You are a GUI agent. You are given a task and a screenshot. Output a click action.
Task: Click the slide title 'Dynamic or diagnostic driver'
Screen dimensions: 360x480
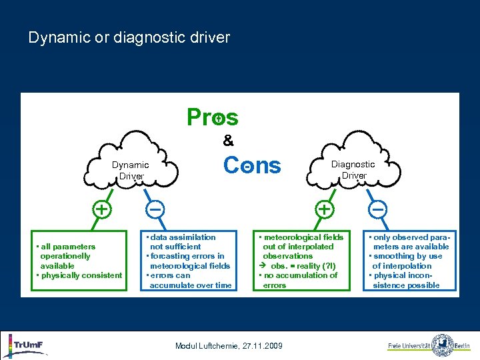coord(129,37)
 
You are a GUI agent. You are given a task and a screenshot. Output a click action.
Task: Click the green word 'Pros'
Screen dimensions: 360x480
coord(212,117)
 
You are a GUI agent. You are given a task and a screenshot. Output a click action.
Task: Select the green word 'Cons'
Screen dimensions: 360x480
coord(252,165)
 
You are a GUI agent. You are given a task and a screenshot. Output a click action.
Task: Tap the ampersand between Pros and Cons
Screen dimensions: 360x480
coord(228,141)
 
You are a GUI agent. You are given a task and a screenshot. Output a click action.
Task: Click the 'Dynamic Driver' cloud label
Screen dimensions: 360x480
coord(130,170)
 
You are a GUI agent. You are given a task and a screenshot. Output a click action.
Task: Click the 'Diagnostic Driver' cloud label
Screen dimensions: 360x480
coord(353,169)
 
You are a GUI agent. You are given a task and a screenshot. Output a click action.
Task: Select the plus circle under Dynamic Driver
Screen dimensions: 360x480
coord(101,209)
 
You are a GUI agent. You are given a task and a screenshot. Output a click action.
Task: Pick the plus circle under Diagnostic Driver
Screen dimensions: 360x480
coord(325,209)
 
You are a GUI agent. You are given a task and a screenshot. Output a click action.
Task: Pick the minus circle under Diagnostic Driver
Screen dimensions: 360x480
coord(377,209)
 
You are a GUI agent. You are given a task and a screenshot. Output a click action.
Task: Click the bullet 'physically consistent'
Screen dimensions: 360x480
coord(80,275)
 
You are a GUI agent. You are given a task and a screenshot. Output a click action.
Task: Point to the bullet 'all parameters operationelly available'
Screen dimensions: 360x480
coord(67,256)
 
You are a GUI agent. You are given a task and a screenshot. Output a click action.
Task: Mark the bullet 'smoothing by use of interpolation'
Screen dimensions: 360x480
coord(407,261)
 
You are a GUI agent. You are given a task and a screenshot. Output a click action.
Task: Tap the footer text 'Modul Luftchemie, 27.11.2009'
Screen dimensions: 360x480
coord(229,345)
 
